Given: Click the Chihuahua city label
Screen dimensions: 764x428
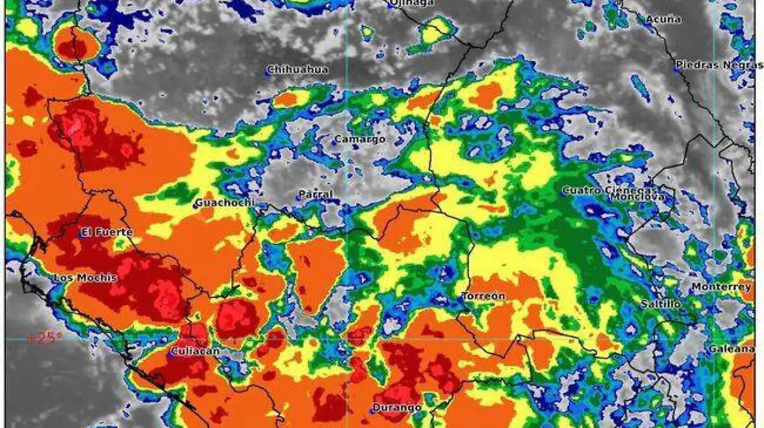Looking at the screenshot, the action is pos(298,69).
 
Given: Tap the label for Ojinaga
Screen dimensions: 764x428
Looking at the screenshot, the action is pos(413,3).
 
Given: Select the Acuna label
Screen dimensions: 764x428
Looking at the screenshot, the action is pos(663,19).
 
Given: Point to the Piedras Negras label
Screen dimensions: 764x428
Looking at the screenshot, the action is pos(718,65).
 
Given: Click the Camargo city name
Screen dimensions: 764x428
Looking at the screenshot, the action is pos(360,139).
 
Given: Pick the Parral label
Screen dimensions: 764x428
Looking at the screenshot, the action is pos(316,194).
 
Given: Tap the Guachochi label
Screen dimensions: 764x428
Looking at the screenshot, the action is pos(225,204).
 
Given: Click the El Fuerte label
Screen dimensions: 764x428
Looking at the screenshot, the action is pos(108,233).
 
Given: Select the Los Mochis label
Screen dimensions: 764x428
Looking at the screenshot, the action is pos(85,278).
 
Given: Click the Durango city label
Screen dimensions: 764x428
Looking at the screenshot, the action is pos(397,407).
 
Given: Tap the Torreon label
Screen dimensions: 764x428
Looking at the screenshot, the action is pos(484,296).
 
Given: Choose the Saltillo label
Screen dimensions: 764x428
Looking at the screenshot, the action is pos(661,305).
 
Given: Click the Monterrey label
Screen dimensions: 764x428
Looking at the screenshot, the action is pos(721,287).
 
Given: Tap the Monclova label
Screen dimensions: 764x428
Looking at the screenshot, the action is pos(638,197).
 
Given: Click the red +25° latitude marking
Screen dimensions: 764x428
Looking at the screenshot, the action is pos(45,337).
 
